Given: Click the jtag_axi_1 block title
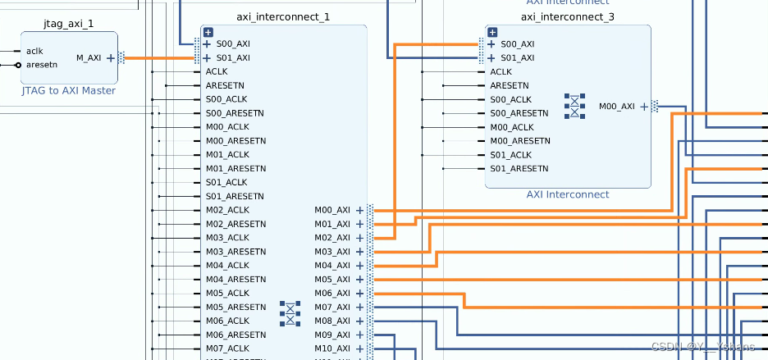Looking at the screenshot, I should coord(68,23).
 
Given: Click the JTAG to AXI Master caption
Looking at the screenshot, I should coord(69,90).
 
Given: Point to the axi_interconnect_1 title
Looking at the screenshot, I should coord(283,16).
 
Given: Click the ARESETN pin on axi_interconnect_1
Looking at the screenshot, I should coord(225,85).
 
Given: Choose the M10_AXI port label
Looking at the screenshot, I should coord(332,349).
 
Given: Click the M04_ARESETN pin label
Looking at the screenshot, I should coord(235,279).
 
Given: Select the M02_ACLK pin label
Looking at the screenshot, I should coord(227,210).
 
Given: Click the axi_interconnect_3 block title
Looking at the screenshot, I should coord(568,16).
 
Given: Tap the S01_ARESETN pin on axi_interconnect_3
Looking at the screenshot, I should coord(519,169).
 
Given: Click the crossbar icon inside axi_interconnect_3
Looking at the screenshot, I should coord(576,107).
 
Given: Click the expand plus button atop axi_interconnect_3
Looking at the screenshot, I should coord(492,32).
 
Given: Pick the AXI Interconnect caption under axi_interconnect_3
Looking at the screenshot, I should coord(568,194).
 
